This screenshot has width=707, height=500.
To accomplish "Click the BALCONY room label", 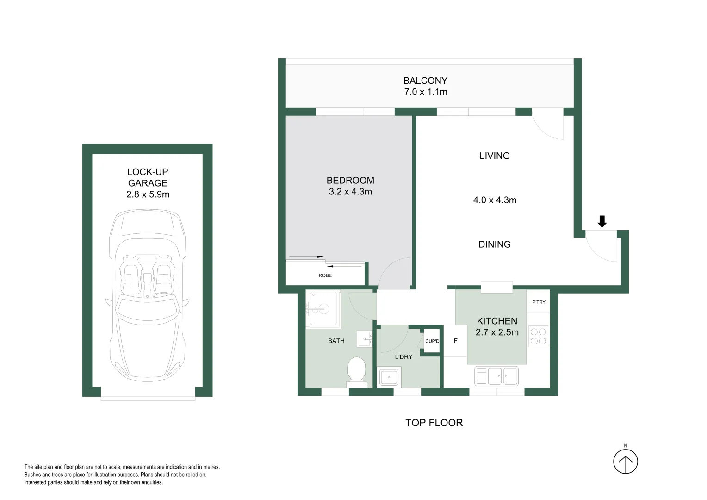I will click(425, 81).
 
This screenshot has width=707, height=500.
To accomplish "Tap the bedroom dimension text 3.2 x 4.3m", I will click(350, 192).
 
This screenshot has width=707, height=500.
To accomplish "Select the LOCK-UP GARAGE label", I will click(148, 177).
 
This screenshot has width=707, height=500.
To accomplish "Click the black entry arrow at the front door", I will click(602, 221).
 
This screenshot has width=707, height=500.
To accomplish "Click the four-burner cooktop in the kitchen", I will click(538, 337).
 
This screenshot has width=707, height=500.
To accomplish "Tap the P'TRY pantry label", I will click(539, 302).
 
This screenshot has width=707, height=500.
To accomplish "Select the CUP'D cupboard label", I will click(432, 341).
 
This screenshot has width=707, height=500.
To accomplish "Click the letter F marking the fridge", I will click(455, 341).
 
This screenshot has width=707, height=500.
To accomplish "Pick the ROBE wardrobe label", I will click(325, 275).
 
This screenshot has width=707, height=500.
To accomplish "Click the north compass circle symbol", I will click(625, 462).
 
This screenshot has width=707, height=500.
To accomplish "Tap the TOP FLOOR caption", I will click(434, 423).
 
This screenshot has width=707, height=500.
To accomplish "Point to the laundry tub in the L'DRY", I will click(389, 377).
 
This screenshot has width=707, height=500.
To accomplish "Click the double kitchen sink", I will click(496, 376).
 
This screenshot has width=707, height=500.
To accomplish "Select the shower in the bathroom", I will click(322, 308).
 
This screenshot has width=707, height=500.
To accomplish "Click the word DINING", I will click(494, 244).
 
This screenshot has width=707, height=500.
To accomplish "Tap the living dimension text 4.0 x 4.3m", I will click(495, 200).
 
